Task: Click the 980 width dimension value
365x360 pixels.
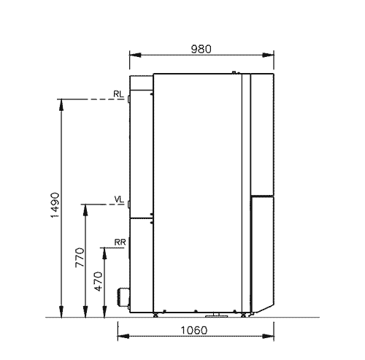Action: click(x=201, y=49)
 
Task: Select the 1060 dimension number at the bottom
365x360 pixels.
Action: click(x=194, y=330)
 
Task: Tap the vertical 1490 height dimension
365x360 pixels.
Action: click(x=55, y=205)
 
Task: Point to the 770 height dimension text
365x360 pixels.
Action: click(x=80, y=258)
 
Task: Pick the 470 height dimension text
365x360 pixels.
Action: click(x=99, y=281)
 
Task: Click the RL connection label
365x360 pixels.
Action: click(x=118, y=94)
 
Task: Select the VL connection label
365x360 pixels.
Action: click(x=119, y=199)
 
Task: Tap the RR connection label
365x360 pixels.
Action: click(x=120, y=242)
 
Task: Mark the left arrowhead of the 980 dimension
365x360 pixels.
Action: click(x=135, y=55)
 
